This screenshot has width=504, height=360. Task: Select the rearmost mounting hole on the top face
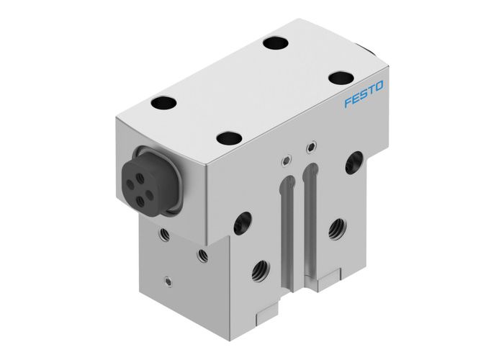pos(275,42)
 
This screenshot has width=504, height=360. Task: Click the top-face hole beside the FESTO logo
pos(338,78)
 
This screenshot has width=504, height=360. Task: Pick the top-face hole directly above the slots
pos(228,137)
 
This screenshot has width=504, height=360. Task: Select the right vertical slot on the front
pos(312,209)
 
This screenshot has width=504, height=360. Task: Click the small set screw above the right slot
pos(311,149)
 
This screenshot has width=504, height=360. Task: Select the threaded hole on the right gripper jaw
pos(336,229)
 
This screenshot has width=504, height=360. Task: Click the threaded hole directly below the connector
pos(165,234)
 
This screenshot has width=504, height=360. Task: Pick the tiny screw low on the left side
pos(167,281)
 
